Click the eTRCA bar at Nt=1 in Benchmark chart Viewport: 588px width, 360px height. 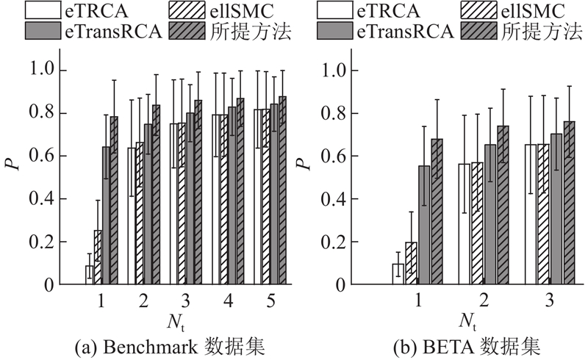point(90,275)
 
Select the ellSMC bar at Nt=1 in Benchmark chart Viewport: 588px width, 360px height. point(98,257)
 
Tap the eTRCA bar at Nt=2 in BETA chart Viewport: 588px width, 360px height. point(464,224)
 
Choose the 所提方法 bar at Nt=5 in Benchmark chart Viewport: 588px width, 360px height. point(282,190)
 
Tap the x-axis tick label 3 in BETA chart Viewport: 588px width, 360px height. point(551,301)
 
